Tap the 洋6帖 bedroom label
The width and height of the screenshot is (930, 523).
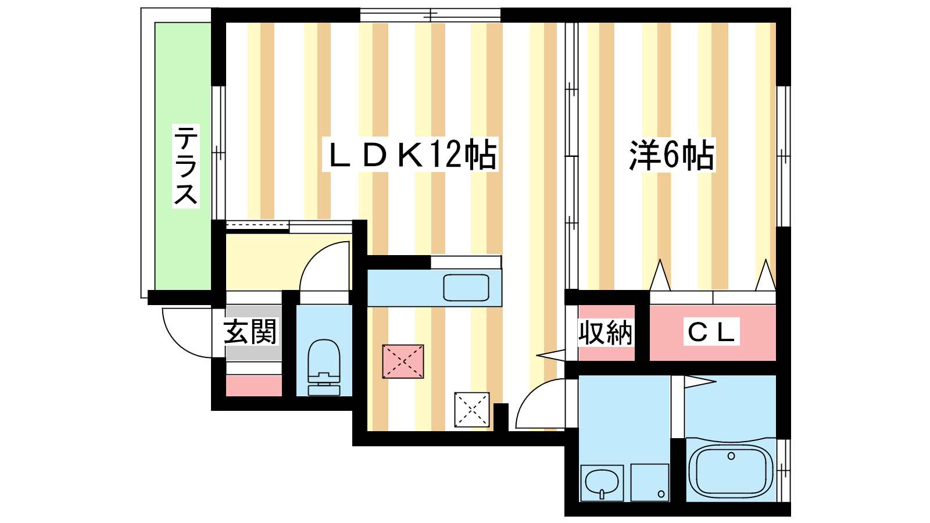click(x=672, y=155)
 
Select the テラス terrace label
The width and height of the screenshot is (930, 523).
click(x=186, y=166)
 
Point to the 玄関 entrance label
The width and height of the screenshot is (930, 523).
click(x=251, y=332)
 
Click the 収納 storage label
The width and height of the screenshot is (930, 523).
click(x=605, y=333)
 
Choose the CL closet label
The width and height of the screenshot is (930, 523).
click(x=711, y=332)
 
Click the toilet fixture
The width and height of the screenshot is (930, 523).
click(x=324, y=367)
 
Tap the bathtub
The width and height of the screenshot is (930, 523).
click(x=731, y=471)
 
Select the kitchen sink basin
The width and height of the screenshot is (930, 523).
click(x=466, y=288)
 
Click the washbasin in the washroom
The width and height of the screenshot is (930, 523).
click(x=602, y=483)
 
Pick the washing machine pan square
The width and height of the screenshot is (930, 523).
click(x=650, y=482)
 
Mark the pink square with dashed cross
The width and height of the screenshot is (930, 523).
click(x=403, y=361)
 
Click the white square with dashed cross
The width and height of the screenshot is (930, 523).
click(x=471, y=409)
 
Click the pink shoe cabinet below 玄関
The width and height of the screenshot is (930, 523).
click(x=253, y=386)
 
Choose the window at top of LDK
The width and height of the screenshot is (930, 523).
click(x=430, y=15)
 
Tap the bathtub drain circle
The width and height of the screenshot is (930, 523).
click(x=731, y=456)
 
